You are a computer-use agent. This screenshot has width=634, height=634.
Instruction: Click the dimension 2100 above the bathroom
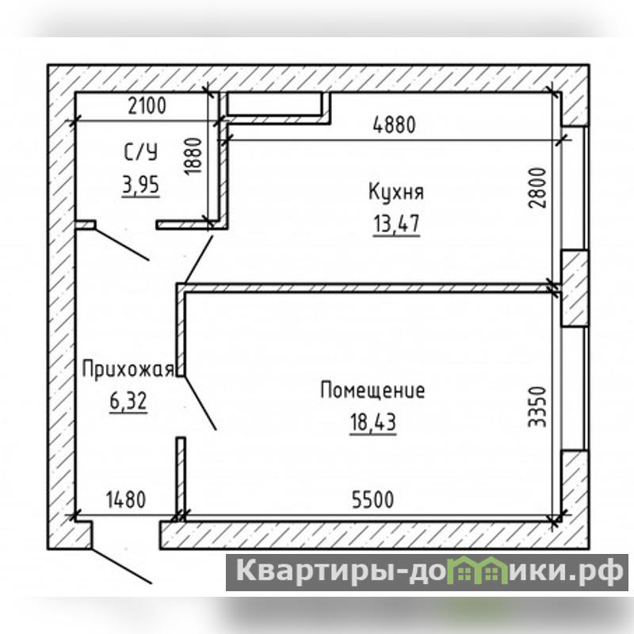click(147, 105)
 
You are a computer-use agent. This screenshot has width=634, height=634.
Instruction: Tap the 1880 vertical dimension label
click(193, 156)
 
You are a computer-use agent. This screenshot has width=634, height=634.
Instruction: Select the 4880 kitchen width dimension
click(394, 124)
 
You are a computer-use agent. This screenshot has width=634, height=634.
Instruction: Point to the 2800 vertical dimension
click(538, 188)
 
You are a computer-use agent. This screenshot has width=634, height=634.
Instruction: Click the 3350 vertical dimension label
click(538, 407)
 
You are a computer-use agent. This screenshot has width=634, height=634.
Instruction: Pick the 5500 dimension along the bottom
click(372, 499)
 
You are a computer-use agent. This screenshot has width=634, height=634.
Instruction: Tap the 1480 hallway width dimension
click(126, 499)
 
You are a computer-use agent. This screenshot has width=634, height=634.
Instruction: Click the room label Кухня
click(396, 192)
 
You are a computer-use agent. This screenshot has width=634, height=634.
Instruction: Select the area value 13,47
click(397, 223)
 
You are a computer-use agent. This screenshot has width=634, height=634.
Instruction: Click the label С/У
click(140, 153)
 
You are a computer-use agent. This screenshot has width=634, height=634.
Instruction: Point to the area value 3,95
click(141, 185)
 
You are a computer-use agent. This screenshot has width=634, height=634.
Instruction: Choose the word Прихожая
click(128, 369)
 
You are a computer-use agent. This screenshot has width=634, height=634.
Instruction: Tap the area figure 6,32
click(128, 401)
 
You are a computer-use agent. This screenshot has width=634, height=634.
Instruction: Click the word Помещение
click(372, 391)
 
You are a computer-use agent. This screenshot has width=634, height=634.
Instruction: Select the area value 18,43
click(372, 422)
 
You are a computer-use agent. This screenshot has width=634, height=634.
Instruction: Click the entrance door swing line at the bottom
click(121, 566)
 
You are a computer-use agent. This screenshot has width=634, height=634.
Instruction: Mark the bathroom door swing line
click(122, 244)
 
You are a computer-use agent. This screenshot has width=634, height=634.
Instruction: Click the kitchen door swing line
click(198, 260)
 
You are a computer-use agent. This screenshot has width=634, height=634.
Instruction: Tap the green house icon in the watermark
click(479, 571)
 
